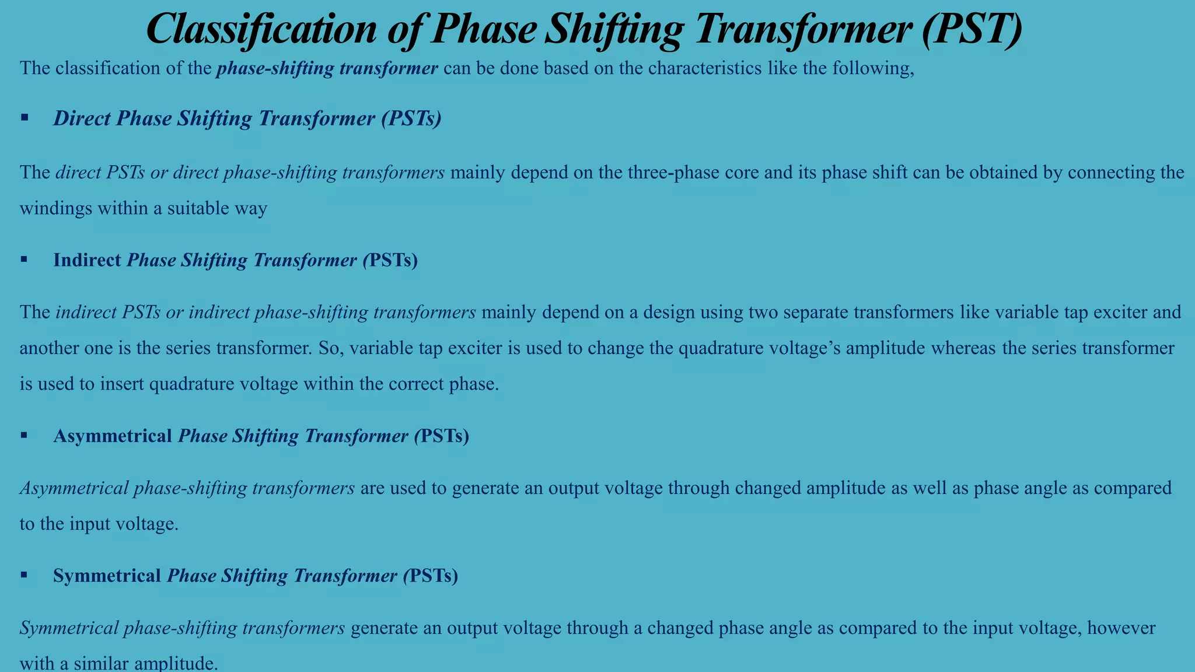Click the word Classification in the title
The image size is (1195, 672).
coord(261,29)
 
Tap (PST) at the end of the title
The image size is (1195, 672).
coord(971,29)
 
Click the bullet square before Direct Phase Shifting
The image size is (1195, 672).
coord(25,118)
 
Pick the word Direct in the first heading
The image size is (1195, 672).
coord(82,118)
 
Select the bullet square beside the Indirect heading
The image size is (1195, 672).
coord(25,260)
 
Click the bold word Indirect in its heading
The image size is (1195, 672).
coord(87,260)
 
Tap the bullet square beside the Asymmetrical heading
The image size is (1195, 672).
coord(25,435)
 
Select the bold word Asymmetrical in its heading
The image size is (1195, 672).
coord(113,436)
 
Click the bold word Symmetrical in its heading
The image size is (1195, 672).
coord(107,576)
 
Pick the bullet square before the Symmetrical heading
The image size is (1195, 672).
coord(25,575)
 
